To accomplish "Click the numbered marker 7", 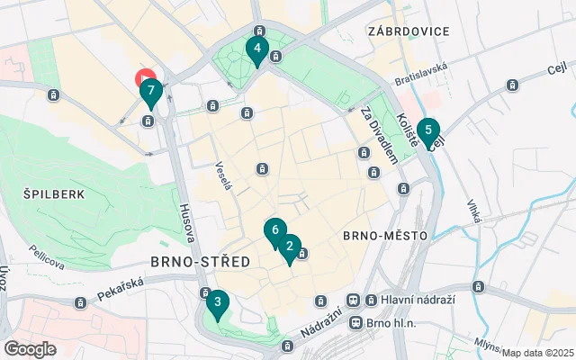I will [x=151, y=91].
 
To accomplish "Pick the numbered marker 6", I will [x=274, y=230].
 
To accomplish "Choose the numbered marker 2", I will [x=289, y=245].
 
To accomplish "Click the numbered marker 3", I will [x=217, y=303].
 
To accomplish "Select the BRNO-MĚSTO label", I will [x=377, y=236].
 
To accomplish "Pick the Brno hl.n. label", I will [x=391, y=322].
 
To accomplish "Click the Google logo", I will [x=30, y=348].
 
